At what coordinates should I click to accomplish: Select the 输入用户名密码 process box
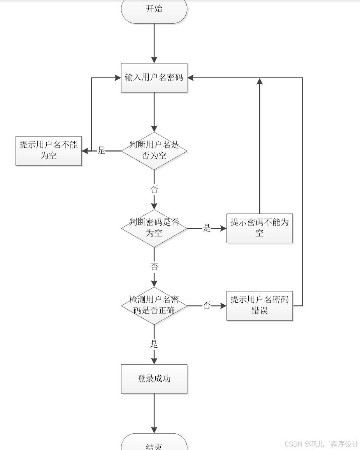click(x=154, y=78)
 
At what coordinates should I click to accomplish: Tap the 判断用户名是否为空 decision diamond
click(x=154, y=151)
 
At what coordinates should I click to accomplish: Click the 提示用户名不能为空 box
click(x=49, y=151)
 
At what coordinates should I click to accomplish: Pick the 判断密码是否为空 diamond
click(x=154, y=228)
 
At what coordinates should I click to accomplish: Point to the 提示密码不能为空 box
click(x=260, y=228)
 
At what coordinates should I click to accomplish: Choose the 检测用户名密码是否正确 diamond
click(x=154, y=306)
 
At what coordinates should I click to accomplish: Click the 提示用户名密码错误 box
click(x=260, y=306)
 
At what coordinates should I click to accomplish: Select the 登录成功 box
click(x=154, y=379)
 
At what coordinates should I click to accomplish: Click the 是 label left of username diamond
click(x=101, y=150)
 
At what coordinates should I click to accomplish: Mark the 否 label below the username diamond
click(x=154, y=189)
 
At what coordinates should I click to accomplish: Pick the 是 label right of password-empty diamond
click(x=207, y=228)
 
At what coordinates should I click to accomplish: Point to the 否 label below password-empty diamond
click(x=154, y=266)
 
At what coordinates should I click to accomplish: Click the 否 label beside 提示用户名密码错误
click(x=207, y=305)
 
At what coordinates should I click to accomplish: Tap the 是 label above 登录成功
click(x=154, y=344)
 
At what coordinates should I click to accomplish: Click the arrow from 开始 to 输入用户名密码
click(x=154, y=43)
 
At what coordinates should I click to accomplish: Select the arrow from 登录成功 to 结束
click(x=154, y=413)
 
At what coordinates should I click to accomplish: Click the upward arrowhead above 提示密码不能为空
click(x=260, y=81)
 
